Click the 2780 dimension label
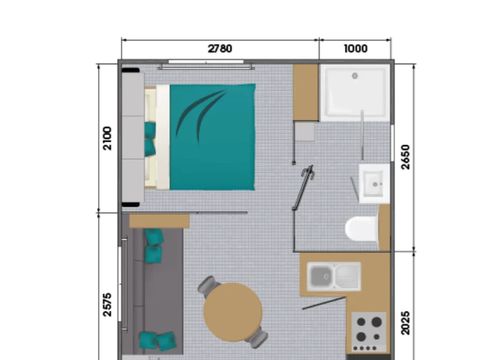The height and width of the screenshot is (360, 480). (220, 48)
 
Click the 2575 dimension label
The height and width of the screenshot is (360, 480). (108, 303)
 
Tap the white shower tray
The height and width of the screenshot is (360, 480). (354, 93)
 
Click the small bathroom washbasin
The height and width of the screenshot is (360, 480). (374, 183)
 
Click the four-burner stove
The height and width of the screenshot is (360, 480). (368, 328)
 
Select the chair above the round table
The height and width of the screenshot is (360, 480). (209, 287)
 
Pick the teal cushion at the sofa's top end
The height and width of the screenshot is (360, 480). (154, 245)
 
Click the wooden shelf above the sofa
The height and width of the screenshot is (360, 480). (159, 220)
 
